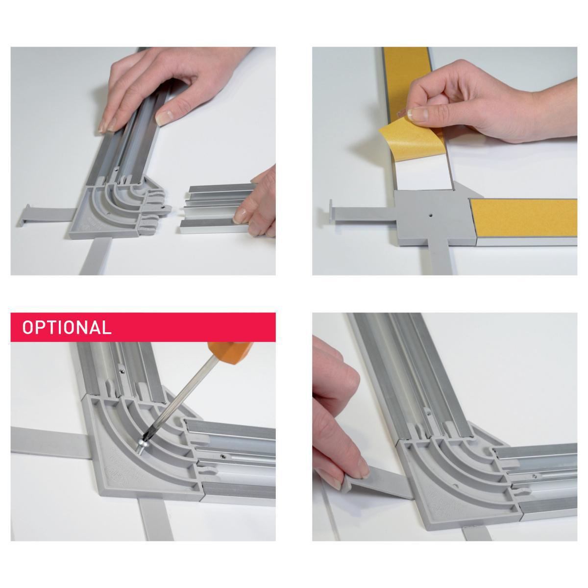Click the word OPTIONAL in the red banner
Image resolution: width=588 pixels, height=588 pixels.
67,327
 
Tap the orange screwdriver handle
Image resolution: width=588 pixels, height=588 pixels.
229,351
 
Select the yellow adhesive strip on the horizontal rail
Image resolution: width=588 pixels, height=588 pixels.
523,218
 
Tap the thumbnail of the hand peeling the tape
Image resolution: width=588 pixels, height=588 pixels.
418,114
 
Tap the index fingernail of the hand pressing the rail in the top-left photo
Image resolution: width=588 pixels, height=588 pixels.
164,118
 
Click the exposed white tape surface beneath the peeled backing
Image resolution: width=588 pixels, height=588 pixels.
427,174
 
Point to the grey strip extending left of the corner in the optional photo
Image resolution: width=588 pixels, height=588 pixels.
50,443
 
